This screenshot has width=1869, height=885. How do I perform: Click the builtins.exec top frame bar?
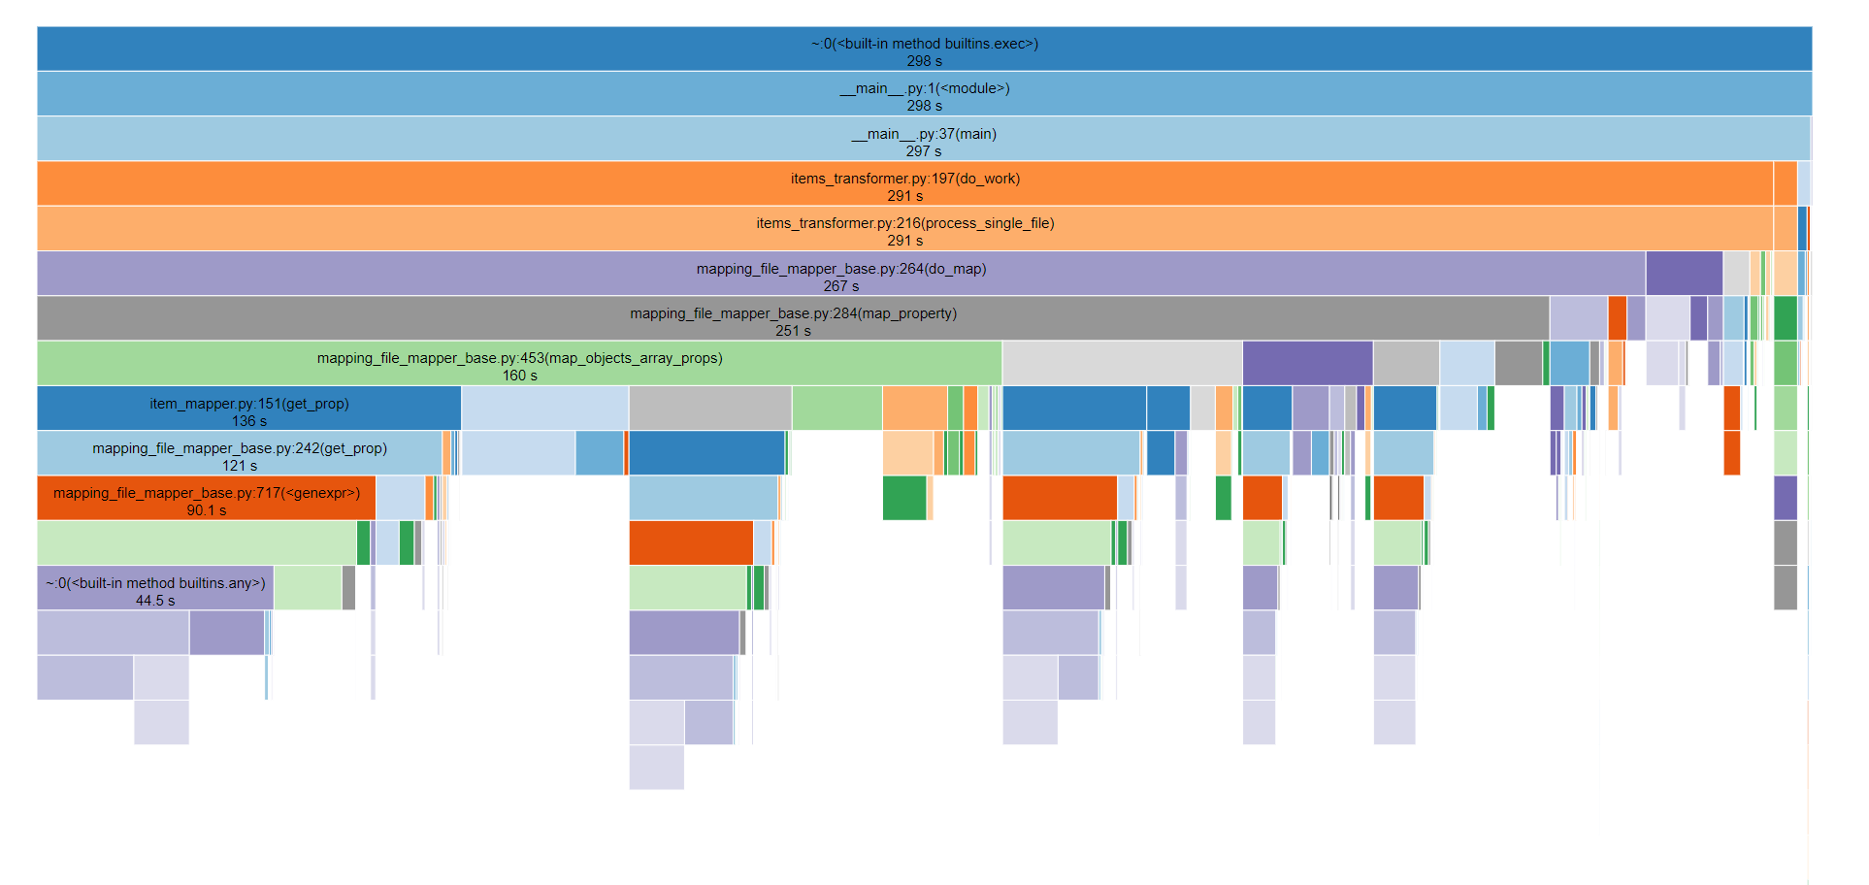pyautogui.click(x=924, y=43)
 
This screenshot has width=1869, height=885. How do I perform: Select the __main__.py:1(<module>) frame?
pyautogui.click(x=924, y=88)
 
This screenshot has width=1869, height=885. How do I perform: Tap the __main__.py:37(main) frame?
pyautogui.click(x=924, y=134)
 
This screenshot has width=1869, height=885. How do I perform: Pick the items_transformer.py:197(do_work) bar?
pyautogui.click(x=904, y=179)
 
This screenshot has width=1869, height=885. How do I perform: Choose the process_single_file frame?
pyautogui.click(x=904, y=223)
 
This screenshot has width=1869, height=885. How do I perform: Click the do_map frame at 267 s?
pyautogui.click(x=840, y=269)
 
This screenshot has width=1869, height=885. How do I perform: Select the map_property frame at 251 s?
pyautogui.click(x=793, y=313)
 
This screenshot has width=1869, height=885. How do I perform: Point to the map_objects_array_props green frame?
pyautogui.click(x=519, y=358)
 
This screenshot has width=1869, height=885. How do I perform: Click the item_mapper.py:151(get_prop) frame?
pyautogui.click(x=248, y=404)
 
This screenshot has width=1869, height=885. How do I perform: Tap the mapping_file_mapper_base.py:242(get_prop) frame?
pyautogui.click(x=239, y=448)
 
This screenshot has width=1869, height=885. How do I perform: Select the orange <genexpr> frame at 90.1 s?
pyautogui.click(x=206, y=493)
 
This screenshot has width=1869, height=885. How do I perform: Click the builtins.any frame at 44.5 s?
pyautogui.click(x=155, y=583)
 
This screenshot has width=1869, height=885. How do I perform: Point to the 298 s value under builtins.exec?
pyautogui.click(x=924, y=61)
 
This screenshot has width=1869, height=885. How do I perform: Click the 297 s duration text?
pyautogui.click(x=924, y=151)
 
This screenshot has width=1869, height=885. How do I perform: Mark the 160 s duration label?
pyautogui.click(x=519, y=376)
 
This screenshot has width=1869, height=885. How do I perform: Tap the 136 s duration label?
pyautogui.click(x=248, y=421)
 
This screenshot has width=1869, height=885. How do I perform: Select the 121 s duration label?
pyautogui.click(x=239, y=466)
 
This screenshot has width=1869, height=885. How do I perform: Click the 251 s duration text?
pyautogui.click(x=793, y=331)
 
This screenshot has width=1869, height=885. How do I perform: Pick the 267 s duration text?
pyautogui.click(x=840, y=286)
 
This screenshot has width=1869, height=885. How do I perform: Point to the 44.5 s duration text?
pyautogui.click(x=155, y=601)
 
